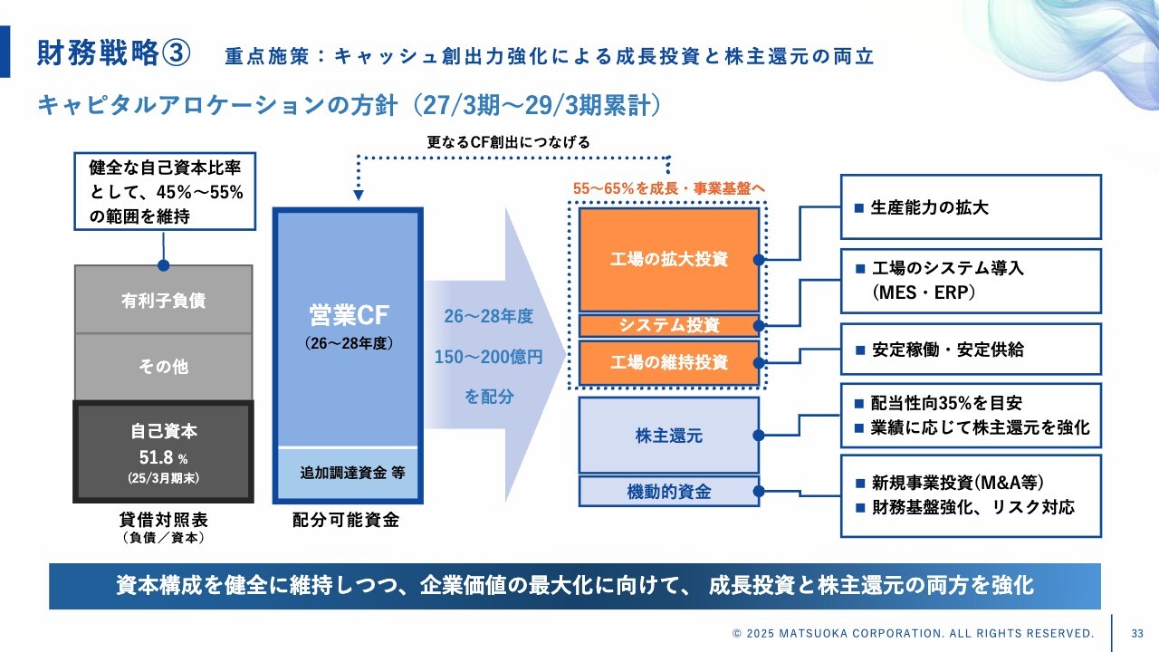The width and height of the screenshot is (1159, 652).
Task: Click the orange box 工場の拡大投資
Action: coord(669,259)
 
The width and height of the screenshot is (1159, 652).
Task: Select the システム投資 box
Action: coord(669,325)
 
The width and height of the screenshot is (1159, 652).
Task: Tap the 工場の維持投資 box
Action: coord(669,362)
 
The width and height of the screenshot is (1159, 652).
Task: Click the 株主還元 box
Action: coord(669,436)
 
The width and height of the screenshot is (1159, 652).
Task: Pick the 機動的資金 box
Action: coord(669,492)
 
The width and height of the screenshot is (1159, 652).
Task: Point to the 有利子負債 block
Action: coord(163,300)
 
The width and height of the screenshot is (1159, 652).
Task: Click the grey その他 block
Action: coord(163,367)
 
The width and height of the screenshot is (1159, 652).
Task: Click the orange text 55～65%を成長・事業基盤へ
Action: coord(669,187)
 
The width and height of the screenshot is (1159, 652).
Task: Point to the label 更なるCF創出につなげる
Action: coord(508,142)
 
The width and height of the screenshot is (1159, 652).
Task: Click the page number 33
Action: coord(1137,632)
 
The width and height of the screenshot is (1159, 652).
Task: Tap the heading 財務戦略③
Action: coord(113,53)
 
